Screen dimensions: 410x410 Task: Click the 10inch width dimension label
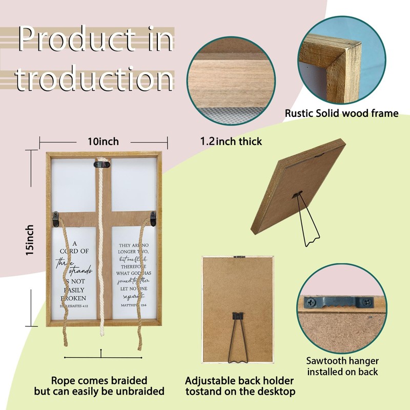click(103, 141)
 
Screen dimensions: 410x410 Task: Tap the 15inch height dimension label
click(31, 240)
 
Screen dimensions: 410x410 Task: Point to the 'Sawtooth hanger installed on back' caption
click(342, 366)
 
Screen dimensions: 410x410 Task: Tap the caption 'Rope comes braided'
click(99, 380)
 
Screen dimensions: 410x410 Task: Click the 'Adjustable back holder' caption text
click(240, 380)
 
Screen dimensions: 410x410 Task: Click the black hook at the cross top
click(101, 164)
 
